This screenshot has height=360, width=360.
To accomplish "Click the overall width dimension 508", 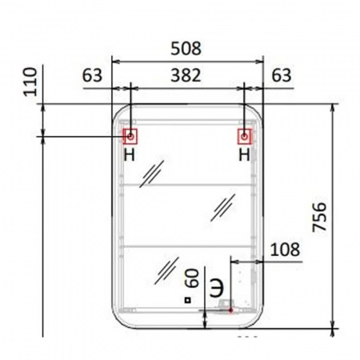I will click(187, 49).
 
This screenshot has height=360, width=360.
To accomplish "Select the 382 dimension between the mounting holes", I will click(187, 77).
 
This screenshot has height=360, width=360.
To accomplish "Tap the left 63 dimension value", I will click(93, 77).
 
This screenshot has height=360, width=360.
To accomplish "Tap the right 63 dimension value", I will click(281, 77).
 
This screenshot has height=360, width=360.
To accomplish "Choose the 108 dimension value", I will click(285, 249).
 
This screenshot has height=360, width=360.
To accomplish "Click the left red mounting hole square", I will click(130, 136).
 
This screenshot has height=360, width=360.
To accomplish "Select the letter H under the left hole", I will click(130, 154).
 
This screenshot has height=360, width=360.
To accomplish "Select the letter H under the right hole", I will click(245, 154).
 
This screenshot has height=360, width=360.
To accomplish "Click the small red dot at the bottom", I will click(230, 308).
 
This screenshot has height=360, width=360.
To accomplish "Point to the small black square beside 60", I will click(186, 301).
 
